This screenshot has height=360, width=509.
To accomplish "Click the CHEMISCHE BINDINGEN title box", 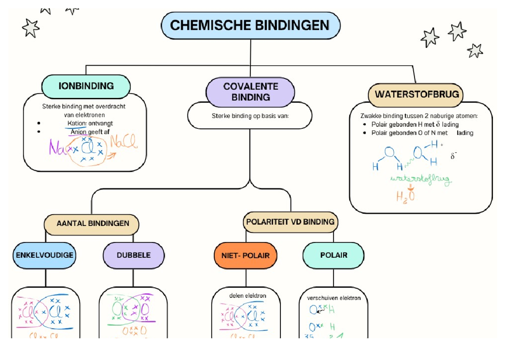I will click(x=250, y=25).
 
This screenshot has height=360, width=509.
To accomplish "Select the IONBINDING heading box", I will click(x=86, y=86).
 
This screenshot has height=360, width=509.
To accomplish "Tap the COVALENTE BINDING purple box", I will click(x=250, y=92).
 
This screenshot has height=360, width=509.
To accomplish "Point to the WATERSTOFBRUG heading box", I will click(x=416, y=94).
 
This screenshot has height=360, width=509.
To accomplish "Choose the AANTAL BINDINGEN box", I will click(x=92, y=223).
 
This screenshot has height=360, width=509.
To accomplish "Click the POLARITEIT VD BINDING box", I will click(x=291, y=222).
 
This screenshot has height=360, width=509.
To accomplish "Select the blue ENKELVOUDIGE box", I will click(x=45, y=255).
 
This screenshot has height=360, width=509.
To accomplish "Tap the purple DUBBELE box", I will click(x=134, y=255).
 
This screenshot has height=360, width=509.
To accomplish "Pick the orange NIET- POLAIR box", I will click(x=246, y=256).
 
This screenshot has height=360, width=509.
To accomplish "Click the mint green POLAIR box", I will click(x=333, y=255).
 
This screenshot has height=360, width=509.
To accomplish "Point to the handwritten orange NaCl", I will click(x=124, y=144).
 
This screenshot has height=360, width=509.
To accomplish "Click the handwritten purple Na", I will click(x=56, y=148).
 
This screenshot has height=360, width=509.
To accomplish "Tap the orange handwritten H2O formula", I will click(x=405, y=197).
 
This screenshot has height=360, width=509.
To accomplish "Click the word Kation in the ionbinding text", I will click(x=76, y=123).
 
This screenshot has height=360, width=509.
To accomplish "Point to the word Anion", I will click(x=78, y=132).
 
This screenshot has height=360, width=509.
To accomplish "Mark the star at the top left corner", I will click(x=31, y=28).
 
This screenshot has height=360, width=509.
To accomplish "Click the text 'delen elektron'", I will click(x=247, y=296).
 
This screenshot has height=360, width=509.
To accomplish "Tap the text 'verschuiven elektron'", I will click(x=334, y=298).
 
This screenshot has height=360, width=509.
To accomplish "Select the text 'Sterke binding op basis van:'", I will click(x=250, y=115).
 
